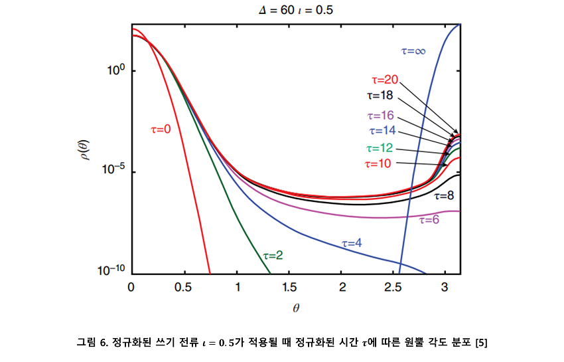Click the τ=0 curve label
point(161,129)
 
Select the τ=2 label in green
point(273,254)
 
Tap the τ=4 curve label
point(352,243)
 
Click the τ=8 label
point(445,196)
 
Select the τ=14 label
point(382,130)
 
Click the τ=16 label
point(382,115)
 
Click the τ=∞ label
point(413,50)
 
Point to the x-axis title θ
point(296,308)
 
